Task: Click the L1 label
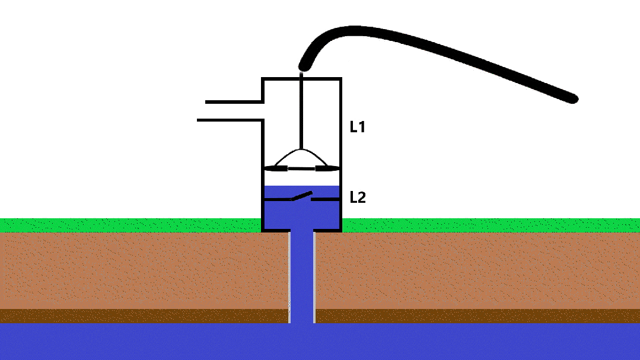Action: [x=357, y=127]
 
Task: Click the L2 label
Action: [x=358, y=197]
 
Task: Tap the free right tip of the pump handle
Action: [x=572, y=98]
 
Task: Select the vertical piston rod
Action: [x=302, y=113]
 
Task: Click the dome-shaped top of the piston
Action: [x=302, y=155]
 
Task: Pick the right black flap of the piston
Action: [x=327, y=168]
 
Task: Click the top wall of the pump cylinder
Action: [x=302, y=78]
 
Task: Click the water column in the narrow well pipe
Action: [x=302, y=273]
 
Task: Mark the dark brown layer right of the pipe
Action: [x=475, y=316]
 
